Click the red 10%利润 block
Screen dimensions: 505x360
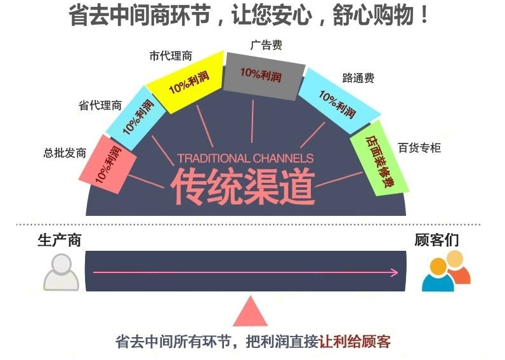[108, 164]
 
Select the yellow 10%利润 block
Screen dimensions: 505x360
[186, 81]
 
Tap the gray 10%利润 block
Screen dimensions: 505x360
[263, 76]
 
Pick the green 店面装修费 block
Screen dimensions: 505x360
[379, 158]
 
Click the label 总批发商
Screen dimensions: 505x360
[65, 152]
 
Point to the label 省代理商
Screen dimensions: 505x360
[100, 105]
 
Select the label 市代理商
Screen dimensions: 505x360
[171, 56]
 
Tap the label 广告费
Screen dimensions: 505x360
[266, 45]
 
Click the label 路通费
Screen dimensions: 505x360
[358, 77]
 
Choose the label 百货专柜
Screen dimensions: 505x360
[419, 147]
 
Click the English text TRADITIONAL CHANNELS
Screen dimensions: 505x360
[246, 158]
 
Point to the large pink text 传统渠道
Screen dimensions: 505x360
[242, 187]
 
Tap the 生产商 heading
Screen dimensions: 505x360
[59, 240]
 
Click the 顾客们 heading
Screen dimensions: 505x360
[436, 240]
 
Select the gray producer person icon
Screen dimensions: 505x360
[61, 272]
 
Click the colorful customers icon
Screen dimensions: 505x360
[446, 271]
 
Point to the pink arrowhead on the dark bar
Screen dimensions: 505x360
[394, 272]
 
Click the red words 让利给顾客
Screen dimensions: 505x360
[355, 342]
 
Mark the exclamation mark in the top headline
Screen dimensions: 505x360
[424, 15]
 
